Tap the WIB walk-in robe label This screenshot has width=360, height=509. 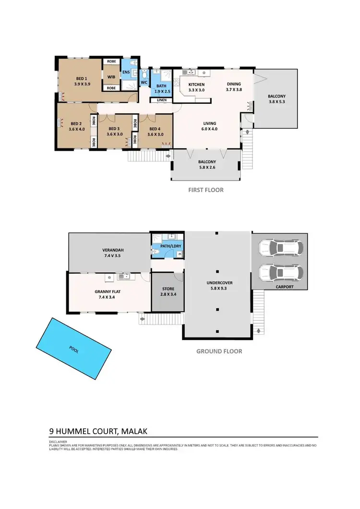(x=111, y=77)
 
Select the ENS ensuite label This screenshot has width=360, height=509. (x=126, y=73)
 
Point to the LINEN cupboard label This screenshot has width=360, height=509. (x=162, y=100)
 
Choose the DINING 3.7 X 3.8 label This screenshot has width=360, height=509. (x=234, y=87)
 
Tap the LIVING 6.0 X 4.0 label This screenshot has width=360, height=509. (x=210, y=126)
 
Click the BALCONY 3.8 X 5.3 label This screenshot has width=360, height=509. (x=276, y=99)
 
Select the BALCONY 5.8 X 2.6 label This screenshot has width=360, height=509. (x=207, y=165)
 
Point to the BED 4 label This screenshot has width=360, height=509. (x=155, y=132)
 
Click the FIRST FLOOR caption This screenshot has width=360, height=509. (x=205, y=190)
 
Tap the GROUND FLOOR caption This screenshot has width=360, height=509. (x=219, y=351)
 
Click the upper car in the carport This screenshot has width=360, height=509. (x=281, y=248)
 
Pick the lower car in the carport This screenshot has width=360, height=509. (x=281, y=273)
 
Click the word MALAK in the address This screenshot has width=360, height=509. (x=139, y=431)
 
